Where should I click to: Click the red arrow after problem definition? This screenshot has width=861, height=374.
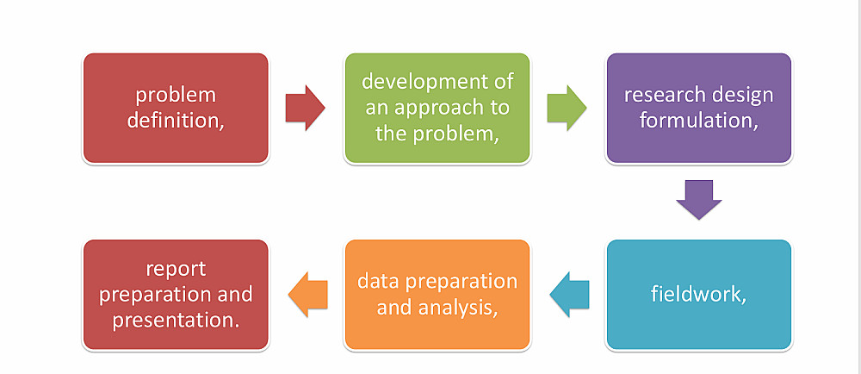click(306, 109)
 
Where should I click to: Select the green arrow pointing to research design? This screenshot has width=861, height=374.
click(567, 109)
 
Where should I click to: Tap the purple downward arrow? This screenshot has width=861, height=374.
click(698, 200)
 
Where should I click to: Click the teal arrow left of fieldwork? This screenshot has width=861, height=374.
click(569, 295)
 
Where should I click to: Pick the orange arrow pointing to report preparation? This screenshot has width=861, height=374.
click(308, 295)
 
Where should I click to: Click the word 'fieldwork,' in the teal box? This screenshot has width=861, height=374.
click(698, 295)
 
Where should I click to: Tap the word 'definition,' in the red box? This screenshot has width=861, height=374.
click(176, 121)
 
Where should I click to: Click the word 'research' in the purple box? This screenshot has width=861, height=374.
click(664, 95)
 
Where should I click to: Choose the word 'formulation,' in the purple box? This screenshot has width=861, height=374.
click(699, 121)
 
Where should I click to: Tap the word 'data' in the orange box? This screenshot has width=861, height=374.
click(378, 282)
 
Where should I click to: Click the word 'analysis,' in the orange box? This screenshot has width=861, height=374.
click(459, 309)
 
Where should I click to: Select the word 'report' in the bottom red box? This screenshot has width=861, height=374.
click(176, 269)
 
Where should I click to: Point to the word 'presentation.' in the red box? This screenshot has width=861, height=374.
click(176, 321)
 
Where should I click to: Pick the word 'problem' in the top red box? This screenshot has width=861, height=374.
click(176, 95)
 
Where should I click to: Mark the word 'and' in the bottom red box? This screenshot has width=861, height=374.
click(234, 295)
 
